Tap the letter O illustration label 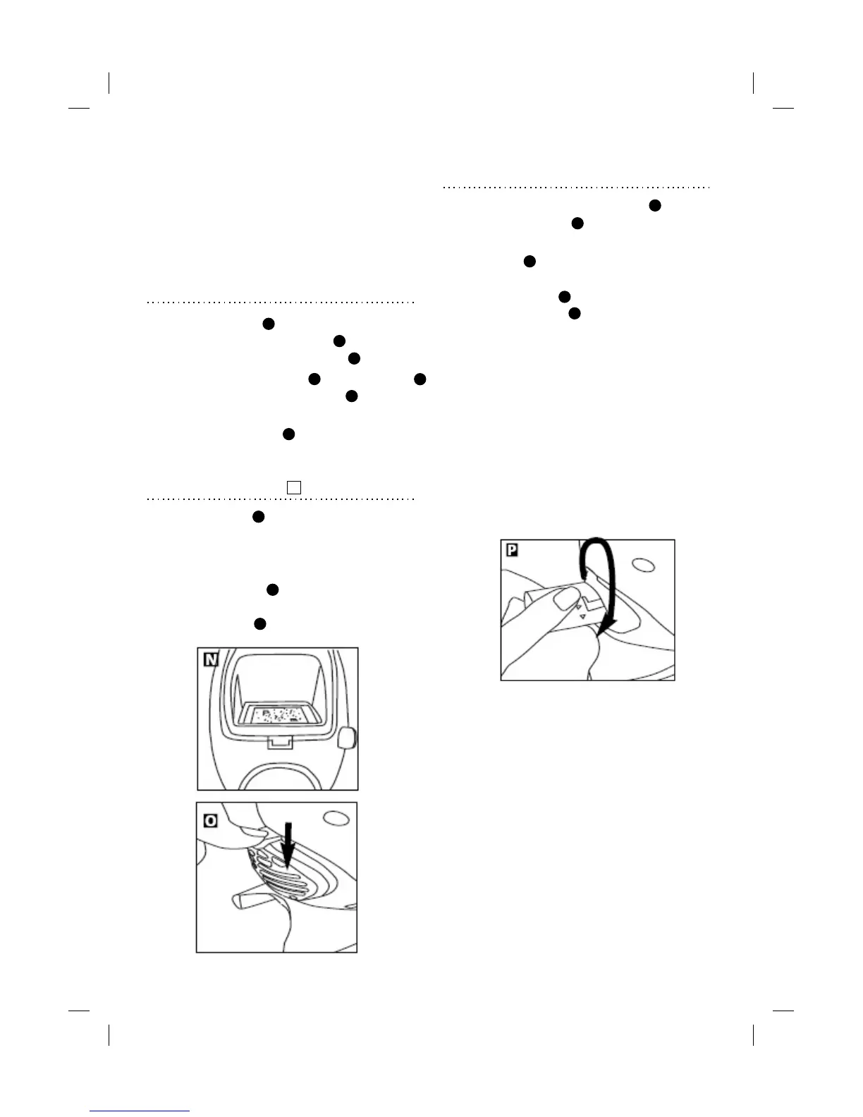click(210, 822)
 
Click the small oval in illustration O click(336, 817)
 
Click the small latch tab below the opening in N click(280, 742)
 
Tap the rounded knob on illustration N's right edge click(347, 739)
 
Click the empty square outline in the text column click(294, 487)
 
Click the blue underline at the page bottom click(140, 1111)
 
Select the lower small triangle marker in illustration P click(584, 616)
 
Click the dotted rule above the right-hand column click(576, 188)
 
